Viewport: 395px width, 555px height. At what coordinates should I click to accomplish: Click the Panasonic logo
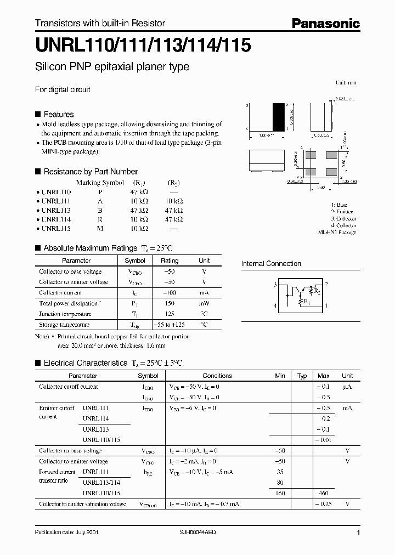pos(325,23)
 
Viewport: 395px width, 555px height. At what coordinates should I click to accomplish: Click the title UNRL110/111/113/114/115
pos(143,46)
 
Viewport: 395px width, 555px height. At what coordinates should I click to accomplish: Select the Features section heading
pos(58,114)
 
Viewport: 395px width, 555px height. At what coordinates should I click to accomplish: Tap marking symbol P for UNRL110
pos(99,192)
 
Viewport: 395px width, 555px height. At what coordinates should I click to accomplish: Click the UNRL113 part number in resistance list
pos(56,210)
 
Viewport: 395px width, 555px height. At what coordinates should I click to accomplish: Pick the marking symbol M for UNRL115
pos(100,228)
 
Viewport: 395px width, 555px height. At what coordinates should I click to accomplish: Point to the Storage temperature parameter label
pos(64,325)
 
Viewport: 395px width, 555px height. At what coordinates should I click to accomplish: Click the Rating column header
pos(169,261)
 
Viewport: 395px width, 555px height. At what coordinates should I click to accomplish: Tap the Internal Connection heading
pos(271,264)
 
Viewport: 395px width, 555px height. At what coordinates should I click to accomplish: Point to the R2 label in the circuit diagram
pos(317,291)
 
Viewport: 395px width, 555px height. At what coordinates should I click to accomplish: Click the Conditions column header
pos(217,376)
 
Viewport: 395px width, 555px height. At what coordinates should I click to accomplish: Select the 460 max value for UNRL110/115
pos(323,493)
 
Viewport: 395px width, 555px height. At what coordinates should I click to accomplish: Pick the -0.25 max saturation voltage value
pos(323,504)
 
